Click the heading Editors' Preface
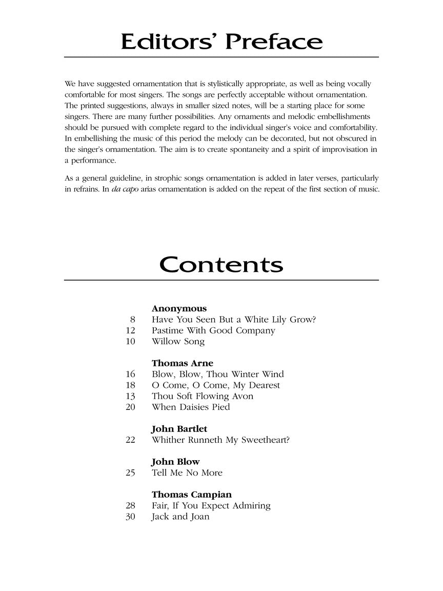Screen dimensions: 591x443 tap(221, 42)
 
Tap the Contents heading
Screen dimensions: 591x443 tap(221, 265)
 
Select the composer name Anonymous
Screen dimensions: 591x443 tap(179, 308)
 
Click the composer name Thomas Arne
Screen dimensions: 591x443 tap(182, 363)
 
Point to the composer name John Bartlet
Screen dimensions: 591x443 tap(179, 429)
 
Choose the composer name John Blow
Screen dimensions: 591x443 tap(175, 462)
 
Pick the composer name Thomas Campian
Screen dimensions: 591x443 tap(191, 495)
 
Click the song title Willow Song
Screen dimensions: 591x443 tap(178, 341)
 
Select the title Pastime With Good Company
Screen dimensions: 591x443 tap(213, 330)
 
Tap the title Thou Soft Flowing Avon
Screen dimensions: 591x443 tap(203, 396)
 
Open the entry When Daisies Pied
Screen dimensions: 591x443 tap(191, 407)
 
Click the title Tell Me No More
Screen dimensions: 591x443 tap(187, 472)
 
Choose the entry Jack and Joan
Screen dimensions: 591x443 tap(180, 517)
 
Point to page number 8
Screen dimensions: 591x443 tap(132, 320)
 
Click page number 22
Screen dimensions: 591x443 tap(130, 440)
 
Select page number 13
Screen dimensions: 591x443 tap(130, 396)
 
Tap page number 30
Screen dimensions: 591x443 tap(130, 517)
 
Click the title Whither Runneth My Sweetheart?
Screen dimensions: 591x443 tap(220, 440)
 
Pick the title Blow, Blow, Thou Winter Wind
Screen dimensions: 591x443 tap(217, 374)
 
